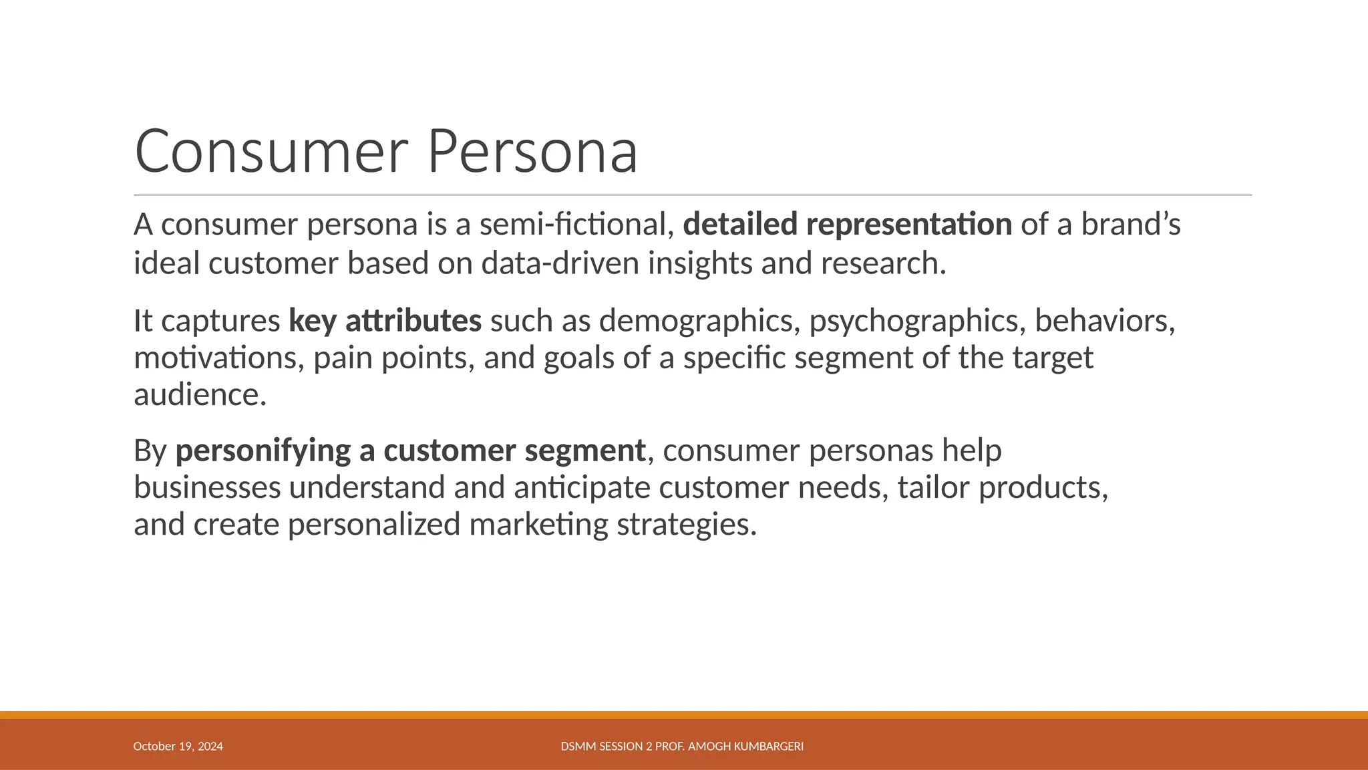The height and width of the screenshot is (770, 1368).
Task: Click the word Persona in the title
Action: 532,152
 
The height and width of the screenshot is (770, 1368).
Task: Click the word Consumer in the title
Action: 271,152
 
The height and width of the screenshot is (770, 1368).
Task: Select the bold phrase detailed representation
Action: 847,224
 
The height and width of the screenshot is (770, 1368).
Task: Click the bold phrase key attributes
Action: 385,321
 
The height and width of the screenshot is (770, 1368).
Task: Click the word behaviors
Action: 1104,321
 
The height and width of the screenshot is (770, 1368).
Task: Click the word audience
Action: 199,394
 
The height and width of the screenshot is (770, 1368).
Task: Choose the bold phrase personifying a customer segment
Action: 410,451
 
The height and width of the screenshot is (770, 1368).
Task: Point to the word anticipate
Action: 582,487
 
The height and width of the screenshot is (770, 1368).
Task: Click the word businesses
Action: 207,487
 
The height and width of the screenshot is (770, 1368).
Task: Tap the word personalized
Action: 374,524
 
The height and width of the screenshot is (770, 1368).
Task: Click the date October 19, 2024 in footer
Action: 178,746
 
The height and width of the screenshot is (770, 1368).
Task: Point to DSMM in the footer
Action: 575,746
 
